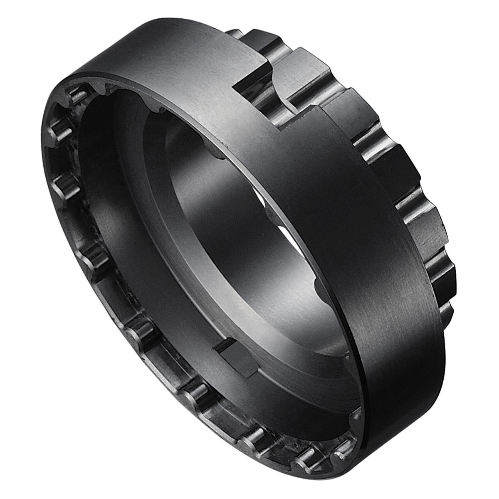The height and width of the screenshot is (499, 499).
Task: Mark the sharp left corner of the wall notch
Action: coord(234,88)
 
